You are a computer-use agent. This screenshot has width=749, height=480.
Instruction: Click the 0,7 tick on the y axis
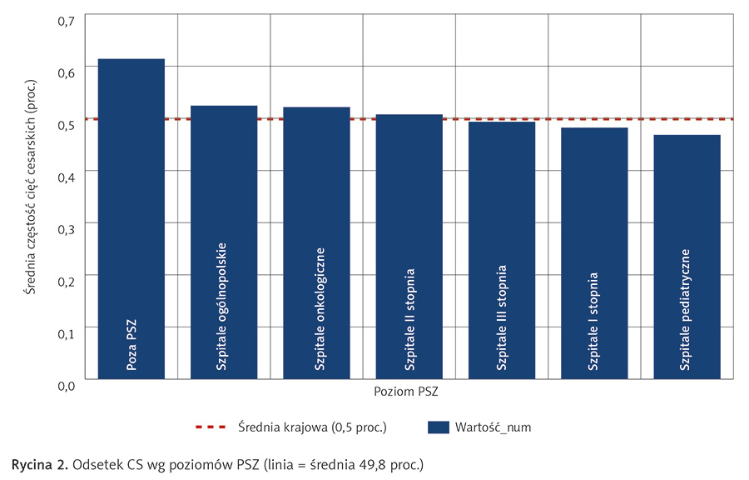coord(66,18)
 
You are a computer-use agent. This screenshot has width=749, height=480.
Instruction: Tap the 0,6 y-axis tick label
coord(66,72)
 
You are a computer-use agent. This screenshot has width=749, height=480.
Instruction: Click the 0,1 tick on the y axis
coord(66,332)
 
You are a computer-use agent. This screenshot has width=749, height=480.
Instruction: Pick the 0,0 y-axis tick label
coord(66,385)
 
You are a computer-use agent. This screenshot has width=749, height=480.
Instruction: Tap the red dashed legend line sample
coord(211,427)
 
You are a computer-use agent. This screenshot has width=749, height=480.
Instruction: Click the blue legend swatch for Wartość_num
coord(438,427)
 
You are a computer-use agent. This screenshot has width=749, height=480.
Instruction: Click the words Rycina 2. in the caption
coord(37,462)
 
